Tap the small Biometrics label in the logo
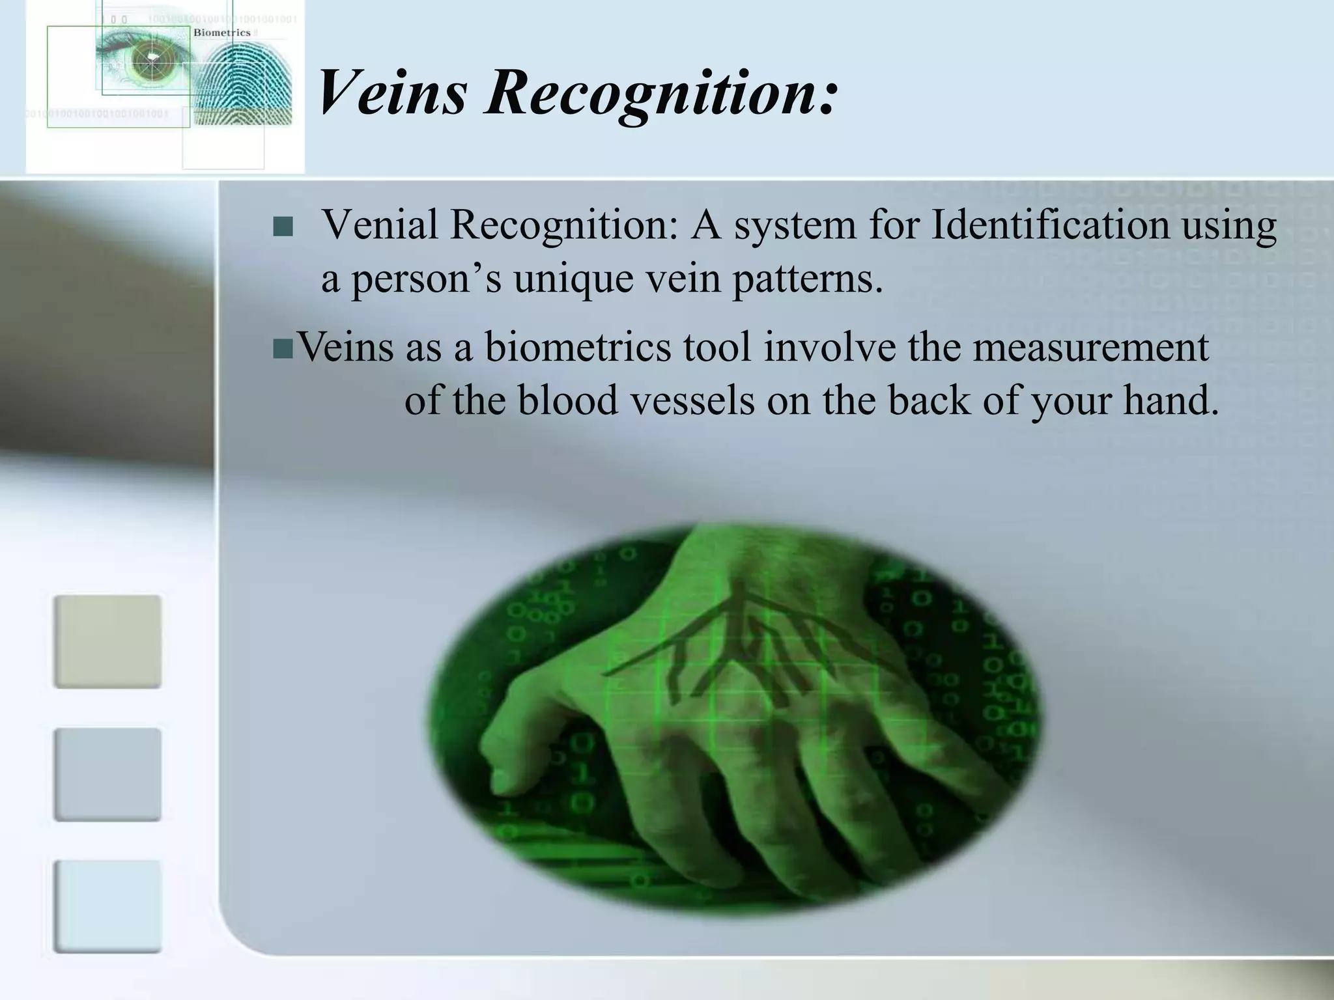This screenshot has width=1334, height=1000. (221, 33)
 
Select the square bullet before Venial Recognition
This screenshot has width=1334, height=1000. (283, 227)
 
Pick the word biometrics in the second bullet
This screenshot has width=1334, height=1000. (577, 347)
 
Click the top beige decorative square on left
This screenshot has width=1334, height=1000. (107, 641)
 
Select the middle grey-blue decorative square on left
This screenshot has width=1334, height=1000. (107, 774)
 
